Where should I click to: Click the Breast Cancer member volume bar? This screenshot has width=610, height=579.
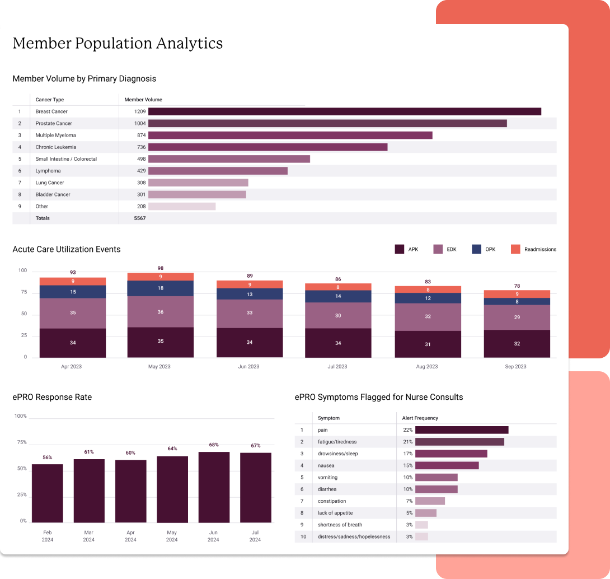[345, 112]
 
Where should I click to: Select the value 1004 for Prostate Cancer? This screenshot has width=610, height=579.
[140, 123]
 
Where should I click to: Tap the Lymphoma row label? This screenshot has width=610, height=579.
[48, 171]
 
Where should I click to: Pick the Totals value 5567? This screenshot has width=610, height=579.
[140, 218]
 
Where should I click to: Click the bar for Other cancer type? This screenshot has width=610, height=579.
[182, 207]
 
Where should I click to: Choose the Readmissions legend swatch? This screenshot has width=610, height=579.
[515, 249]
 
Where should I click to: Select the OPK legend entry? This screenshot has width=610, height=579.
[484, 249]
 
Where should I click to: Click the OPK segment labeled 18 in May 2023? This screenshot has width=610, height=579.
[160, 288]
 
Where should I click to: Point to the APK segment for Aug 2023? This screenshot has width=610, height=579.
[428, 344]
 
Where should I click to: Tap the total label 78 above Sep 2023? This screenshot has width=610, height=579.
[517, 286]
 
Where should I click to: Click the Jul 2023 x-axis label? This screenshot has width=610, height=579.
[337, 367]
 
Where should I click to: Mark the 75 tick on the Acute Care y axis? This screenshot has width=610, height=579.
[24, 292]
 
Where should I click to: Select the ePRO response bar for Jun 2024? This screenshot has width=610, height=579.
[214, 487]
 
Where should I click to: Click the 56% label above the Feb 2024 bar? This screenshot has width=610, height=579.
[48, 457]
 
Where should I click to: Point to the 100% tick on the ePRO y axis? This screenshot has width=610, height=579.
[21, 416]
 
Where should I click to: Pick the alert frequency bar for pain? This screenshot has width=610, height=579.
[462, 430]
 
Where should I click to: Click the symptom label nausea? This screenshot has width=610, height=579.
[326, 466]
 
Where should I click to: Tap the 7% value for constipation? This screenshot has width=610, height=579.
[409, 501]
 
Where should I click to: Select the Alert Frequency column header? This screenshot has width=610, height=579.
[420, 418]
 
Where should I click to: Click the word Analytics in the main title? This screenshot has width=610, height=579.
[190, 44]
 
